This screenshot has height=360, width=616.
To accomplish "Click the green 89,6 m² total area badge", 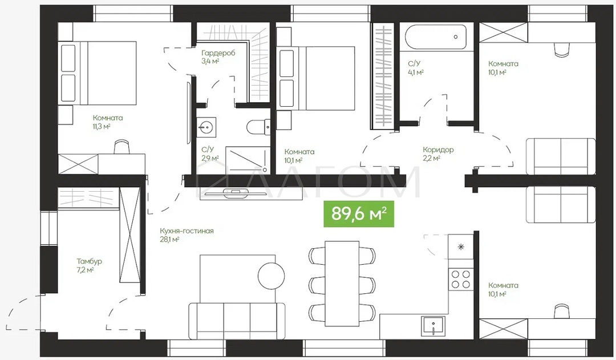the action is pyautogui.click(x=358, y=214).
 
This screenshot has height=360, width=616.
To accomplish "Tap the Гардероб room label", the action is pyautogui.click(x=218, y=53).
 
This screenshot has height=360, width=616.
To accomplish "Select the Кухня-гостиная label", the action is pyautogui.click(x=187, y=230).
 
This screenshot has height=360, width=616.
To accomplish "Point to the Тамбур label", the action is pyautogui.click(x=89, y=261).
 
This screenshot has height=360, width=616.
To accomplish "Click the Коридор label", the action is pyautogui.click(x=439, y=149).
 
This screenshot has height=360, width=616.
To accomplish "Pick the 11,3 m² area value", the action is pyautogui.click(x=102, y=127).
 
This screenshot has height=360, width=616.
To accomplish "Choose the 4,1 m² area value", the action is pyautogui.click(x=416, y=72).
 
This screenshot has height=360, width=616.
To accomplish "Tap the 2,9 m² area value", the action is pyautogui.click(x=210, y=159).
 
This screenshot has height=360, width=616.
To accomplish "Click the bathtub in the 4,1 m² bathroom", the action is pyautogui.click(x=435, y=38).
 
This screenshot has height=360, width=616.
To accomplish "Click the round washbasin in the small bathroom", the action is pyautogui.click(x=206, y=127).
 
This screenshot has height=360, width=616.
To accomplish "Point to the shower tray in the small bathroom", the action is pyautogui.click(x=248, y=160).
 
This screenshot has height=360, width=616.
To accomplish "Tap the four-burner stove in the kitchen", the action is pyautogui.click(x=461, y=278).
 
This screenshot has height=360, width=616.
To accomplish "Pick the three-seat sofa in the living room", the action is pyautogui.click(x=237, y=321).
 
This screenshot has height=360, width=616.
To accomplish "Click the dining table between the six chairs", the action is pyautogui.click(x=342, y=284).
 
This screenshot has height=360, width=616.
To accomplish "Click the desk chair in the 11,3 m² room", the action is pyautogui.click(x=122, y=147).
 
